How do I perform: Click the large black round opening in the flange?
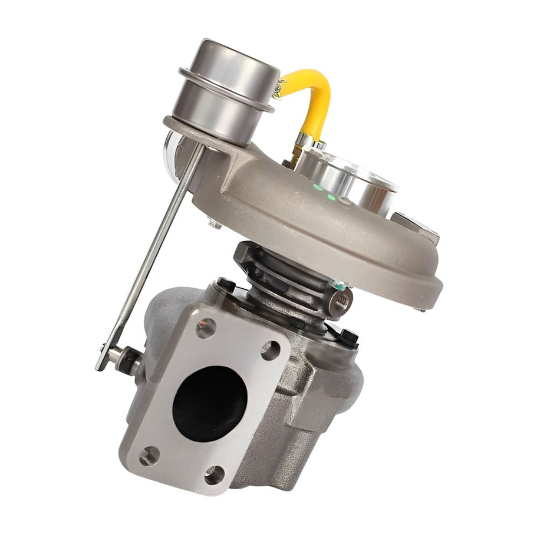pyautogui.click(x=209, y=403)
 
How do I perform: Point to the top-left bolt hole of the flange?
pyautogui.click(x=205, y=328)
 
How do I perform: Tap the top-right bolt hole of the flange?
pyautogui.click(x=270, y=350)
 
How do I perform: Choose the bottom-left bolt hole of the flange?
pyautogui.click(x=149, y=456)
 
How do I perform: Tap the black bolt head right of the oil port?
pyautogui.click(x=349, y=337)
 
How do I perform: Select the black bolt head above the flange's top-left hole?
pyautogui.click(x=226, y=285)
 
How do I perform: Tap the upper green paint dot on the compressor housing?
pyautogui.click(x=318, y=187)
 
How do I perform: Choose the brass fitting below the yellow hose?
pyautogui.click(x=293, y=156)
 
